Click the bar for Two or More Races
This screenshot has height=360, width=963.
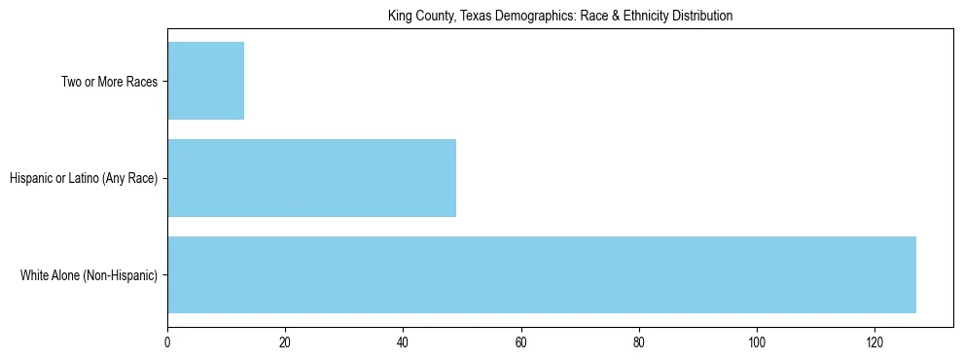206,81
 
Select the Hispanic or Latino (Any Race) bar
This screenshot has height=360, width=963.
311,178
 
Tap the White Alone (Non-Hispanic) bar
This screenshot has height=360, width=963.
542,274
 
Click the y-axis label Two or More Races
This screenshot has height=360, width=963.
109,82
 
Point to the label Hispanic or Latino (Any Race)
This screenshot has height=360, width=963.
84,178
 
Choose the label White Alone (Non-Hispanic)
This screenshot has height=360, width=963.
89,275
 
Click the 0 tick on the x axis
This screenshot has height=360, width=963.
167,342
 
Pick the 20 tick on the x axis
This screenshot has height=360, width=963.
285,342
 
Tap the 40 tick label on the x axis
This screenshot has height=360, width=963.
403,342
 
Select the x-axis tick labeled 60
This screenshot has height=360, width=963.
520,342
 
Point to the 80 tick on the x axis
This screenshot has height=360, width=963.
639,342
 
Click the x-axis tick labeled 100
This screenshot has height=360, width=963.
757,342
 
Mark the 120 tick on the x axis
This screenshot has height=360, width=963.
874,342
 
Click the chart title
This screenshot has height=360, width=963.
559,16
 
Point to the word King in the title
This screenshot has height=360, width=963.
399,16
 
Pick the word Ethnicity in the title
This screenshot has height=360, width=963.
649,16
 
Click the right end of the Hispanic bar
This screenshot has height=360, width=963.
455,178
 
